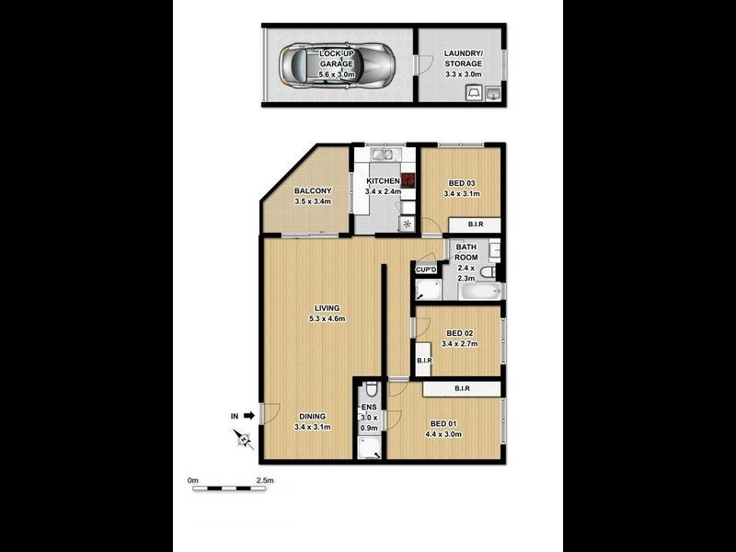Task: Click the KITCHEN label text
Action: [x=383, y=181]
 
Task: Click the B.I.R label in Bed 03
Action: [x=475, y=224]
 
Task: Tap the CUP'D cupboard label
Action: [x=425, y=270]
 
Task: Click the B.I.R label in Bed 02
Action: [x=424, y=361]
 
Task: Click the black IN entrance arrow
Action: [x=247, y=416]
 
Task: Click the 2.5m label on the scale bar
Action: [x=265, y=480]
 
